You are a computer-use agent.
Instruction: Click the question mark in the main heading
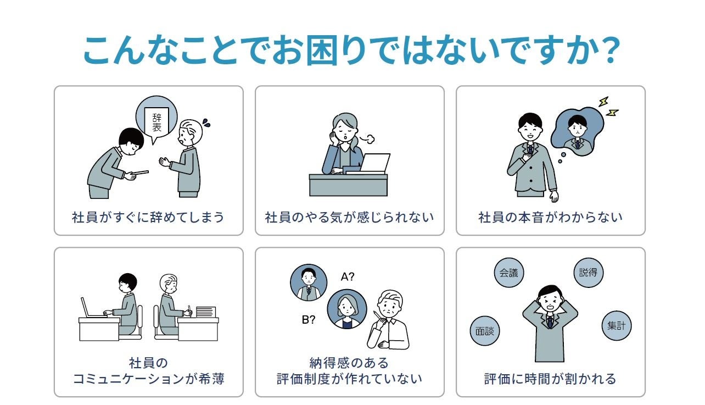pyautogui.click(x=607, y=51)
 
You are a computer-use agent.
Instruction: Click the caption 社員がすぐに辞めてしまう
pyautogui.click(x=148, y=217)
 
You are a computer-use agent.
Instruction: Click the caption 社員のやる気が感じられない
pyautogui.click(x=349, y=217)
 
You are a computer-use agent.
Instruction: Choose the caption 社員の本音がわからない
pyautogui.click(x=550, y=217)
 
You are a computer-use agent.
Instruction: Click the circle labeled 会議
pyautogui.click(x=509, y=273)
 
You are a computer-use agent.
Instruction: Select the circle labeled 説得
pyautogui.click(x=588, y=272)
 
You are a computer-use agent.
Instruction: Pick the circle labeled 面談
pyautogui.click(x=485, y=331)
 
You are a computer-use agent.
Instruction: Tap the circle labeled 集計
pyautogui.click(x=616, y=325)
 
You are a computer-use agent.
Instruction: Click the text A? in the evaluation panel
pyautogui.click(x=348, y=277)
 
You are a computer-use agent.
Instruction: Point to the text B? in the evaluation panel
pyautogui.click(x=309, y=320)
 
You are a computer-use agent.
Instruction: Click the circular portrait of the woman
pyautogui.click(x=347, y=309)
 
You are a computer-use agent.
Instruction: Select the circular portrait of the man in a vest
pyautogui.click(x=309, y=283)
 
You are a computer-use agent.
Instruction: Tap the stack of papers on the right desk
pyautogui.click(x=206, y=312)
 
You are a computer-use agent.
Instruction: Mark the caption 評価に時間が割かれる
pyautogui.click(x=550, y=379)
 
